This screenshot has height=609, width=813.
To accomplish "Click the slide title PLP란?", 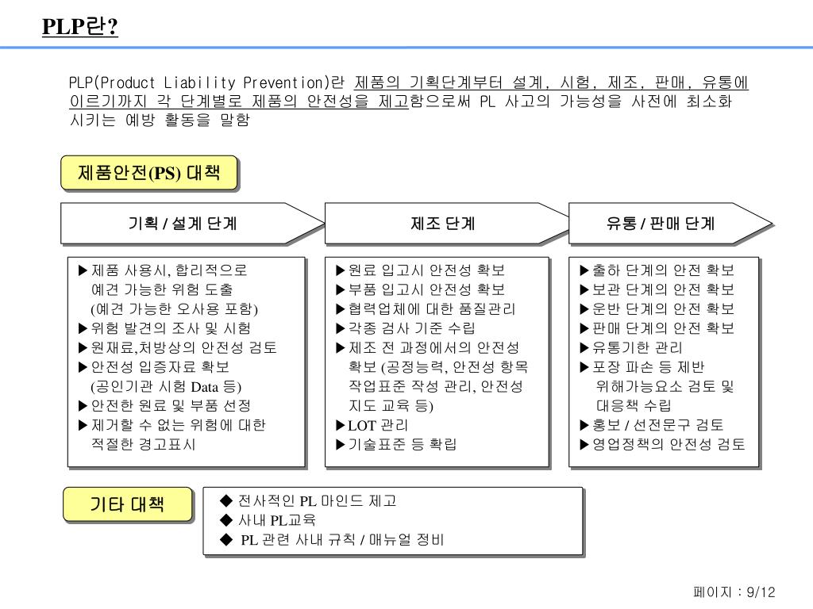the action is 80,28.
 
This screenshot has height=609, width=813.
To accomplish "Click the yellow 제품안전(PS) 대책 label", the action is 149,173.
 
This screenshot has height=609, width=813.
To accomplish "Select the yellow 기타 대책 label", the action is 127,504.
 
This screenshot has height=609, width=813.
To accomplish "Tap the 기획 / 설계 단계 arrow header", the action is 183,224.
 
